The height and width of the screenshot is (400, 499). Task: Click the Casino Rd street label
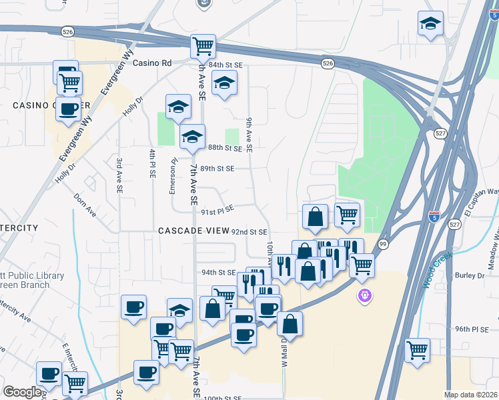coord(152,63)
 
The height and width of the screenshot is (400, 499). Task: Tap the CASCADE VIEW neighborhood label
coord(192,231)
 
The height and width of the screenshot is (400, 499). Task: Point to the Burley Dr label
coord(470,275)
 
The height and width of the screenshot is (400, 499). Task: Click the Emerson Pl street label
coord(172,175)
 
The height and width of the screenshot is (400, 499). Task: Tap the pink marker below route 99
coord(364,295)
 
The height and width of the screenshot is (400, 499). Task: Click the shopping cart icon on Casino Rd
coord(203,47)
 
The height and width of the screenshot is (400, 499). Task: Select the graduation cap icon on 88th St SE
coord(192,137)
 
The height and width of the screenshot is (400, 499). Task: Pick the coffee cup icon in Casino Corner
coord(68,109)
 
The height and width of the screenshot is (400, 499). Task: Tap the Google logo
coord(22,392)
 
